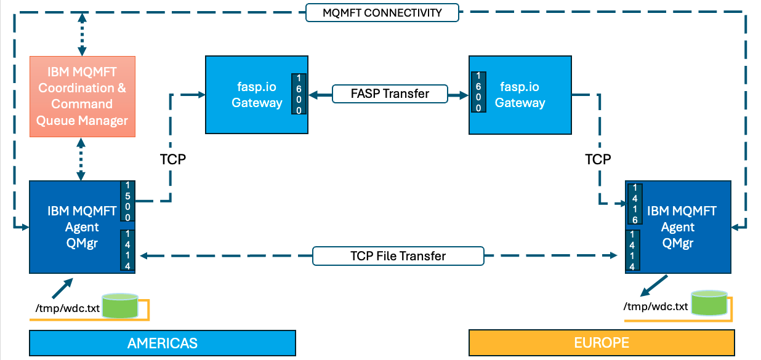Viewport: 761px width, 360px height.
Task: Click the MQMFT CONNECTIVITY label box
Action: coord(382,12)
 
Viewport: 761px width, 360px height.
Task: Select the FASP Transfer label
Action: coord(390,94)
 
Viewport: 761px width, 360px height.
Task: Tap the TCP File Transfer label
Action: coord(398,256)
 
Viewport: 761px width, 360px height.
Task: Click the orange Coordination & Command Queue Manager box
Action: coord(83,97)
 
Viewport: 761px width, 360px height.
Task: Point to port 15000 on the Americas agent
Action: coord(127,201)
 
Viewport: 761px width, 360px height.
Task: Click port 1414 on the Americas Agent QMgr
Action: coord(127,250)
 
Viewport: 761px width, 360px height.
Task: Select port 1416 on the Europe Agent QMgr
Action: coord(635,204)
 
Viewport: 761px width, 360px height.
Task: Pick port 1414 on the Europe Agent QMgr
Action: coord(632,250)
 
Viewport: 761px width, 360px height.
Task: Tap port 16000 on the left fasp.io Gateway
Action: coord(299,94)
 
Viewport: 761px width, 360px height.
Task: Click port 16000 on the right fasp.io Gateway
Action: coord(478,92)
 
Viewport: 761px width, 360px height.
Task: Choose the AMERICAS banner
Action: coord(163,343)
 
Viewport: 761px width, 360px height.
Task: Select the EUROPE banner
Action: coord(602,342)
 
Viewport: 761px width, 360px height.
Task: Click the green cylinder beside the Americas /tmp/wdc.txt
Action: coord(120,306)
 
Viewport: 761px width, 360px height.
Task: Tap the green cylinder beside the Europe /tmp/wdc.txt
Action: coord(709,303)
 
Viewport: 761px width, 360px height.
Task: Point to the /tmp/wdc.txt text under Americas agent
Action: coord(68,308)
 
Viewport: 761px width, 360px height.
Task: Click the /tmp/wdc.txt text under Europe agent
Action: coord(655,306)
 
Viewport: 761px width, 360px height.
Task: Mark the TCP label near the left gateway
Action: coord(173,159)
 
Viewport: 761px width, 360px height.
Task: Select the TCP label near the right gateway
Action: coord(598,159)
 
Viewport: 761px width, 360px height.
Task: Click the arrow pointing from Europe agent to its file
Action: coord(654,286)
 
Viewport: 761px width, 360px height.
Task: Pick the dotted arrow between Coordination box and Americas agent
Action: coord(81,159)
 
